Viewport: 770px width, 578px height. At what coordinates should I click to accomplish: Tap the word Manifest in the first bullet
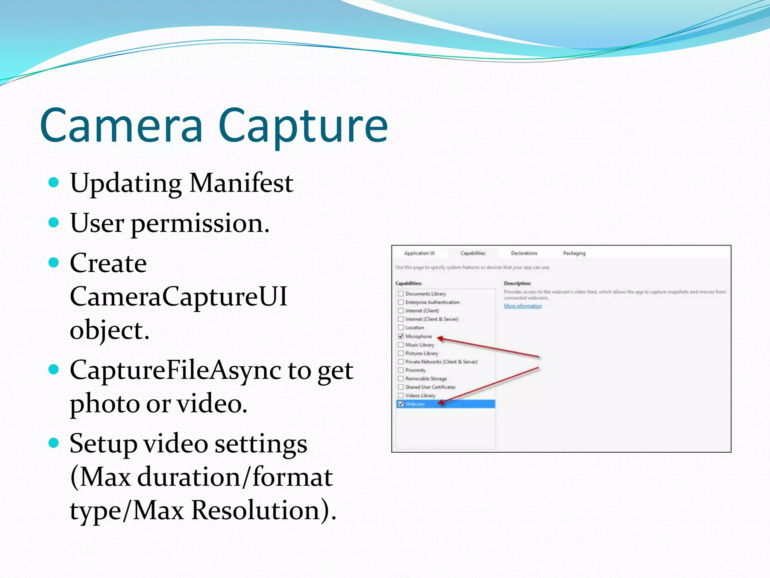tap(241, 183)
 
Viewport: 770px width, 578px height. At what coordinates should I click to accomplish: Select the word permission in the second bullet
tap(200, 224)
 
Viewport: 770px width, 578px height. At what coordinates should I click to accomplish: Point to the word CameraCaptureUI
tap(179, 297)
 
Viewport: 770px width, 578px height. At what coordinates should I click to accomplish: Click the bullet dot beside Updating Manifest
tap(54, 183)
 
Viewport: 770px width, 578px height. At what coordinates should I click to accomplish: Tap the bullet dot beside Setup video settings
tap(54, 443)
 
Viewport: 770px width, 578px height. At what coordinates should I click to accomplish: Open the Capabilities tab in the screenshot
tap(473, 253)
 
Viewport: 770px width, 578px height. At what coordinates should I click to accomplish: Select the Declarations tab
tap(524, 253)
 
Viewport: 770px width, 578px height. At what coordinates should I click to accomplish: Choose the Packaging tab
tap(574, 253)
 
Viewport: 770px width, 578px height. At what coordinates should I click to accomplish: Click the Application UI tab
tap(419, 253)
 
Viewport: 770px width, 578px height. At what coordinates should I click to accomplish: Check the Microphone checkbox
tap(401, 336)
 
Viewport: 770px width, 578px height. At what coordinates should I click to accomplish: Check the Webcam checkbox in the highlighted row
tap(401, 404)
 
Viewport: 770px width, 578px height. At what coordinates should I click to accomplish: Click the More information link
tap(523, 306)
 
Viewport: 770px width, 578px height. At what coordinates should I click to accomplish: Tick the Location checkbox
tap(401, 328)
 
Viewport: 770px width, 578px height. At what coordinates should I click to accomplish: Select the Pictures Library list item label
tap(421, 353)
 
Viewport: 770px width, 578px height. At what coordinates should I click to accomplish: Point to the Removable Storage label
tap(426, 379)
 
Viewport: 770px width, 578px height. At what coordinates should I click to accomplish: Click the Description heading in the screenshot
tap(517, 283)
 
